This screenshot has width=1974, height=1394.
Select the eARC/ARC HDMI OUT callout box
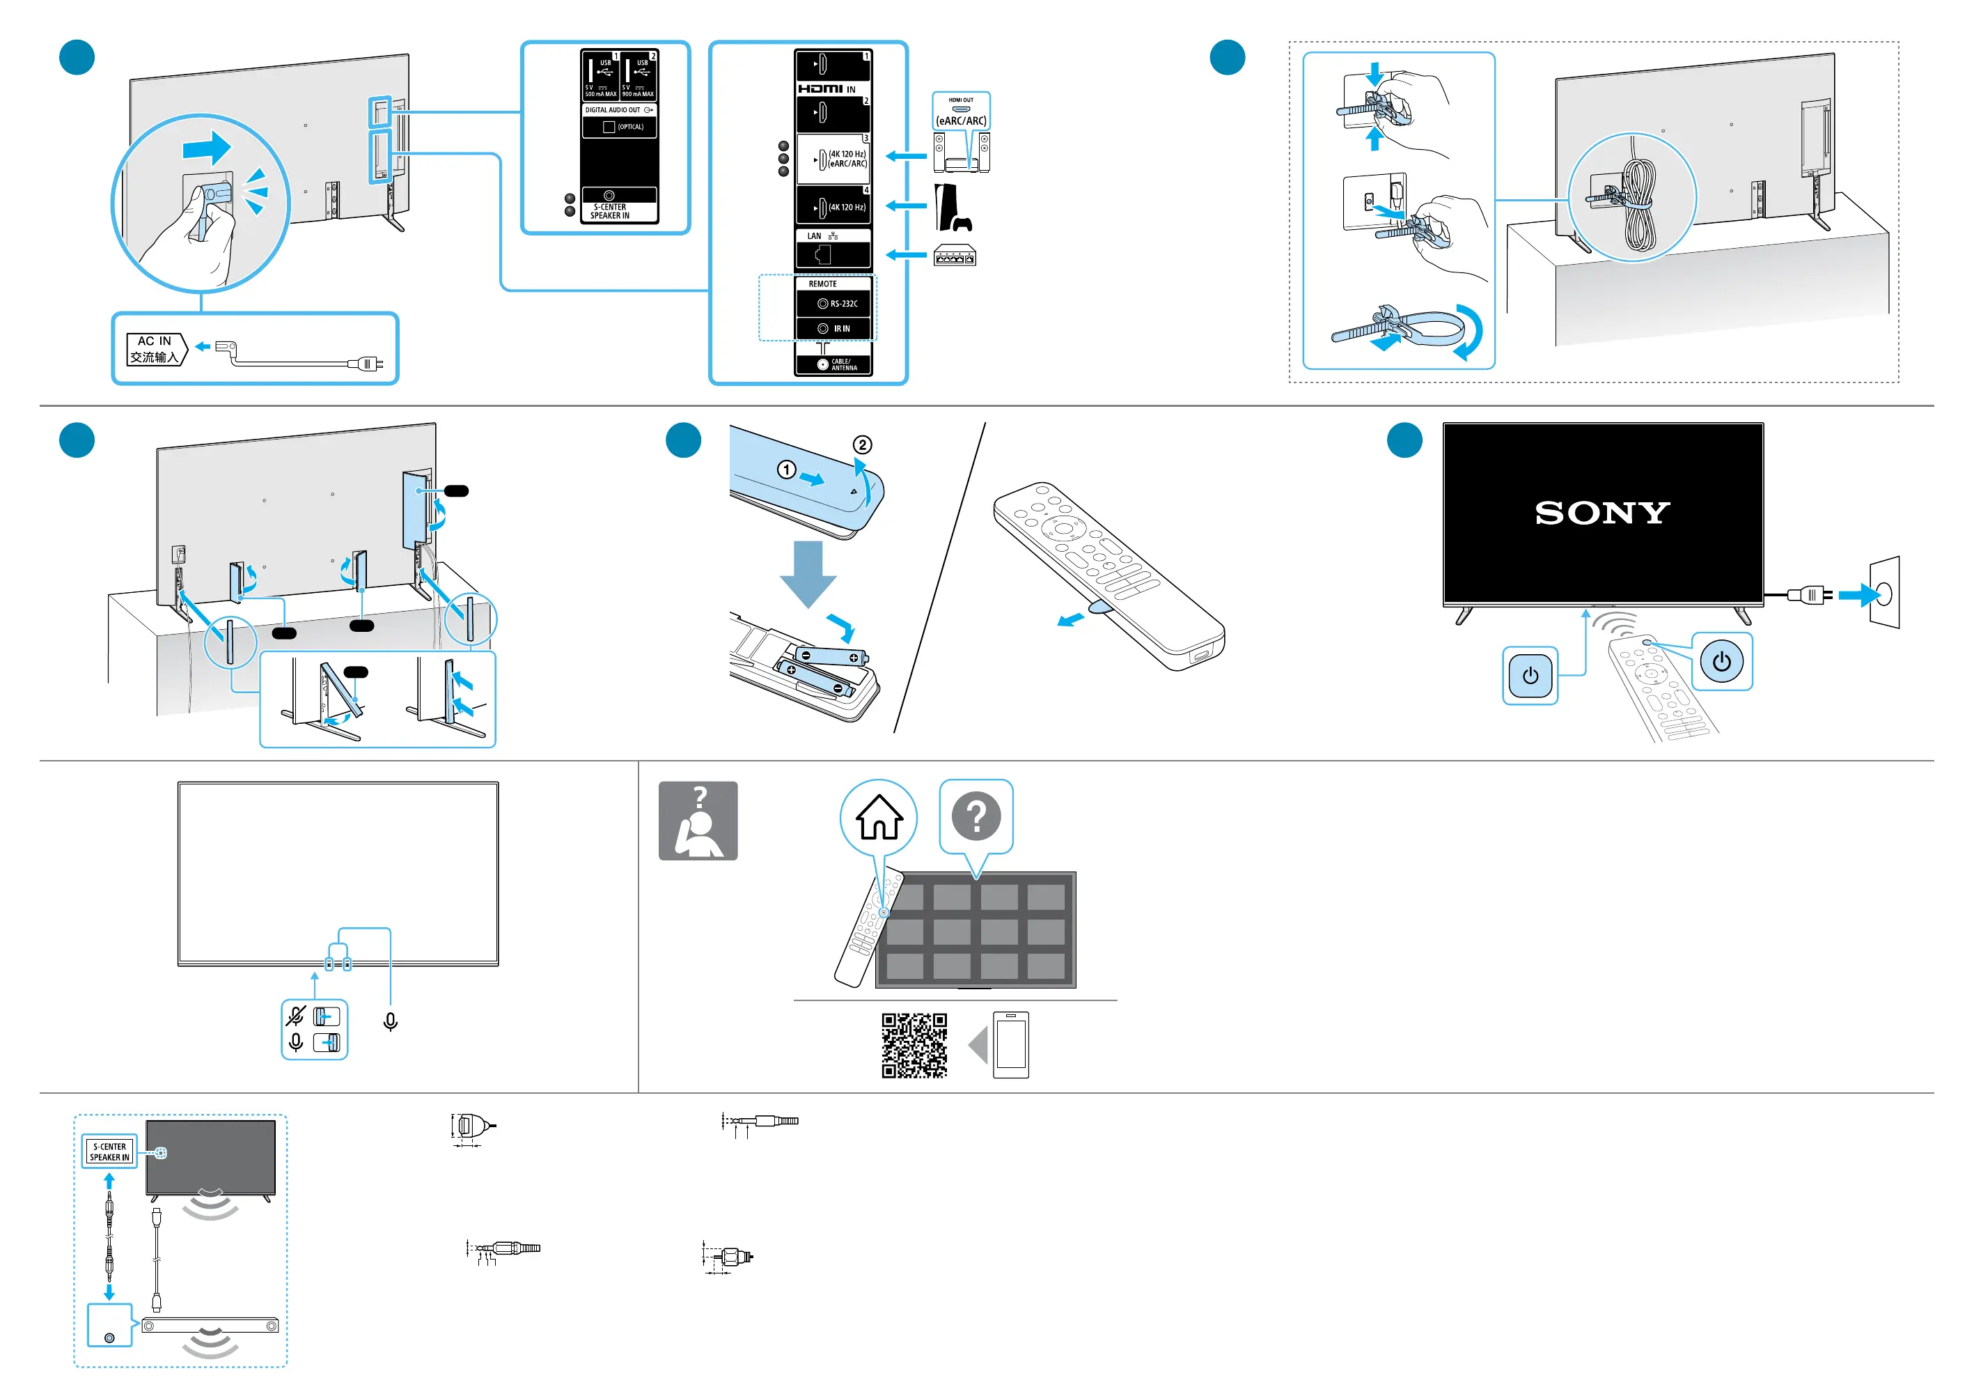(961, 111)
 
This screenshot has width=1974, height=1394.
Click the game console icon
(952, 208)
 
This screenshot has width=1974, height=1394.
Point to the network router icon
(955, 256)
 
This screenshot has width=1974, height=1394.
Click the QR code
(914, 1045)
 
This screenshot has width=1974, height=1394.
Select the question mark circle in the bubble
(976, 815)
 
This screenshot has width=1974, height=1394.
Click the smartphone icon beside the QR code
(1011, 1045)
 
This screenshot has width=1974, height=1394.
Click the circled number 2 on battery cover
(861, 444)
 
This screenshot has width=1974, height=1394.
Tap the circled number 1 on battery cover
(786, 470)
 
